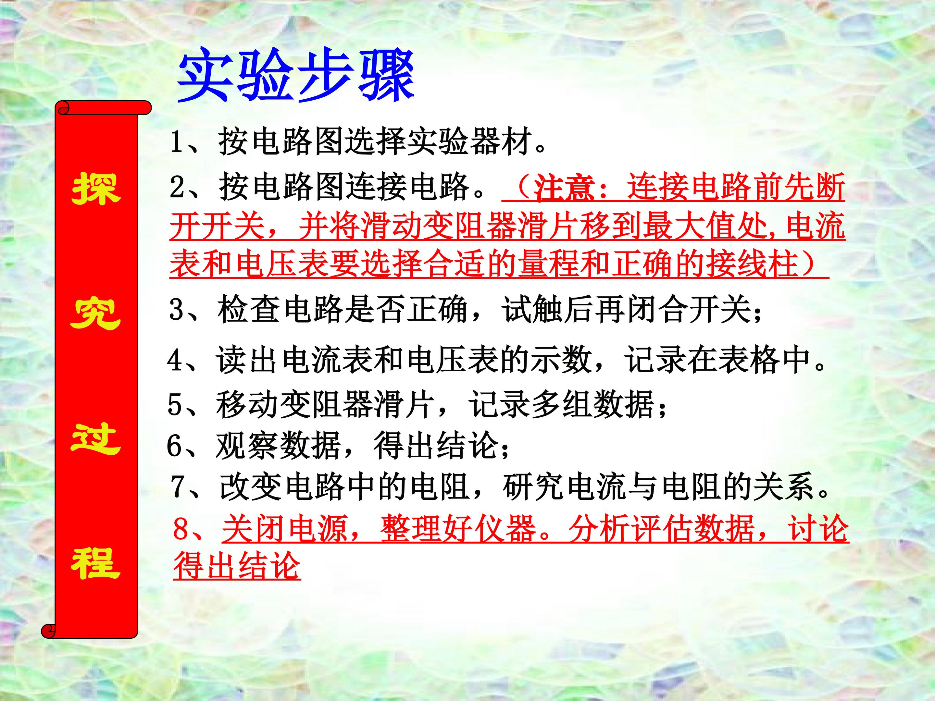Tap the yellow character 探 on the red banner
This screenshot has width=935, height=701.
click(x=96, y=189)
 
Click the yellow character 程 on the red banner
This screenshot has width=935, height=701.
click(x=96, y=564)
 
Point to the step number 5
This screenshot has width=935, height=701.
click(x=175, y=405)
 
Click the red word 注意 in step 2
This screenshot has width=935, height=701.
click(x=564, y=188)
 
